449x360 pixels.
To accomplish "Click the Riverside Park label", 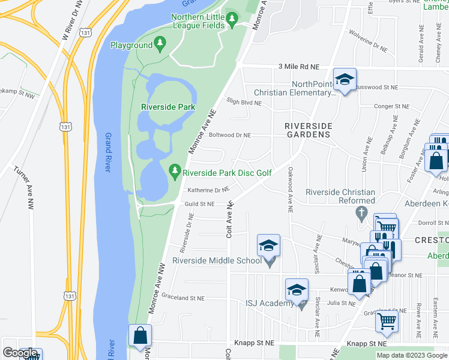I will coord(168,107).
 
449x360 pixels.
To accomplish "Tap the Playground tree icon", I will coord(160,43).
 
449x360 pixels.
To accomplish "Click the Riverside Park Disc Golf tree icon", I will coord(175,173).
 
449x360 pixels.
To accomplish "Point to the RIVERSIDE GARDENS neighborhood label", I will coord(308,130).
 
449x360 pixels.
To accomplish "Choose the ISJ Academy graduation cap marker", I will coord(297,290).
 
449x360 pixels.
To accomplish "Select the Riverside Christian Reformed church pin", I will coord(361,212).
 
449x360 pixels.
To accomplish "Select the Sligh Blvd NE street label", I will coord(243,103).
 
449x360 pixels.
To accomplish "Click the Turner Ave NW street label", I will coord(25,187).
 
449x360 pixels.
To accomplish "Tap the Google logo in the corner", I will coord(19,353).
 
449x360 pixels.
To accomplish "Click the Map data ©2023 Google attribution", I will coord(412,355).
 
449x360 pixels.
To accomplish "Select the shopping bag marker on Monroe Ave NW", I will coord(140,336).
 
